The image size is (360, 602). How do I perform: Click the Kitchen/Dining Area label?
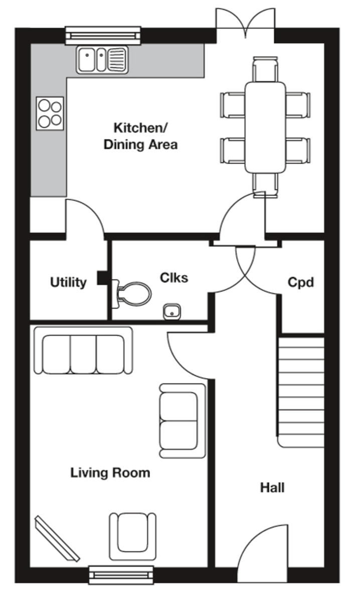(x=140, y=136)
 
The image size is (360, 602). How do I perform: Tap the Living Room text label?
(x=110, y=473)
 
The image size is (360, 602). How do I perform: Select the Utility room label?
(x=68, y=282)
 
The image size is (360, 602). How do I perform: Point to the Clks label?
(x=174, y=277)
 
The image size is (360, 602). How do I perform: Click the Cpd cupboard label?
(x=301, y=282)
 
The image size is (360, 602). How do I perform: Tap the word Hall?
(x=272, y=487)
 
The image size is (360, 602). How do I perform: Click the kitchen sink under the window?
(x=102, y=59)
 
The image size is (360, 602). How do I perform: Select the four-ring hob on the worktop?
(x=50, y=113)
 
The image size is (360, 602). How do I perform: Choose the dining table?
(x=265, y=127)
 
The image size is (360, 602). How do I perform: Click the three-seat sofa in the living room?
(x=83, y=352)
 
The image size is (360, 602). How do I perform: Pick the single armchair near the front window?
(x=132, y=535)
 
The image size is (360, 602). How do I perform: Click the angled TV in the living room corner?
(x=57, y=538)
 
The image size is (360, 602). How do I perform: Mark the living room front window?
(x=121, y=574)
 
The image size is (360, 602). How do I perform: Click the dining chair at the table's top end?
(x=265, y=69)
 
